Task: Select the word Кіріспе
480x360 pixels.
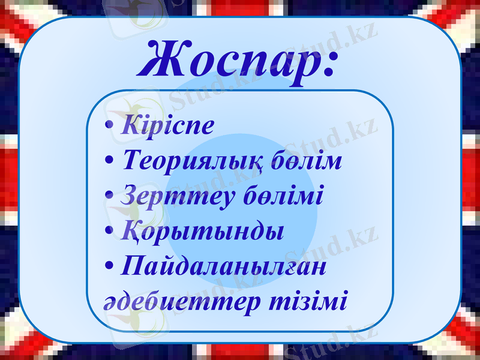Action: [x=167, y=126]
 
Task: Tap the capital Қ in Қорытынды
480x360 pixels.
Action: [x=130, y=231]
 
